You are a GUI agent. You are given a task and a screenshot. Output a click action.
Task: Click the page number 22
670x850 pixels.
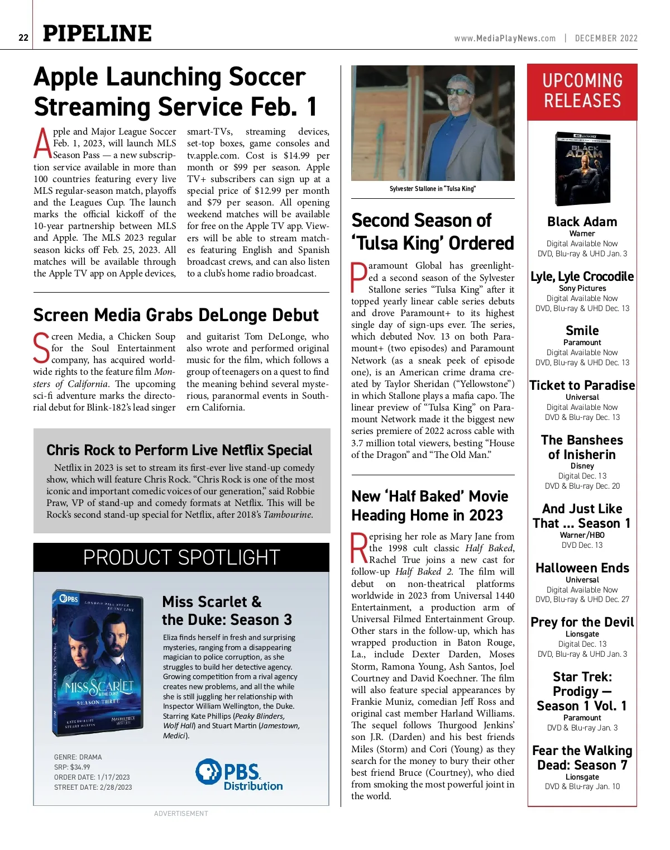pyautogui.click(x=23, y=37)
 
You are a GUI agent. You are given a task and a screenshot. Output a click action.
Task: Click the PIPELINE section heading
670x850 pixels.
pyautogui.click(x=97, y=34)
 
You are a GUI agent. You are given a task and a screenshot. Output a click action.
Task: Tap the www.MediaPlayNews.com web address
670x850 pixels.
pyautogui.click(x=505, y=39)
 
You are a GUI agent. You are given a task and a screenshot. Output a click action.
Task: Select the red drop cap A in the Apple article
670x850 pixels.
pyautogui.click(x=43, y=144)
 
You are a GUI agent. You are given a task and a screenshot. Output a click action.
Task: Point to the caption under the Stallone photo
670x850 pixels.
pyautogui.click(x=433, y=189)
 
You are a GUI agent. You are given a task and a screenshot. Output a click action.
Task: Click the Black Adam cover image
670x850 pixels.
pyautogui.click(x=582, y=169)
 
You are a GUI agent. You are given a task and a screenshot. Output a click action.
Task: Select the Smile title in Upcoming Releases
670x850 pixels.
pyautogui.click(x=582, y=331)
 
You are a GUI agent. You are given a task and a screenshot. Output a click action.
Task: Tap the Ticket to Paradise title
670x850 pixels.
pyautogui.click(x=582, y=385)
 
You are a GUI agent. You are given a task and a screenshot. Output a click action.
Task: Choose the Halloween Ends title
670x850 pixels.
pyautogui.click(x=582, y=568)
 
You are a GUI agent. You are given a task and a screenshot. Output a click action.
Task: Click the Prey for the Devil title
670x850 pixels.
pyautogui.click(x=582, y=622)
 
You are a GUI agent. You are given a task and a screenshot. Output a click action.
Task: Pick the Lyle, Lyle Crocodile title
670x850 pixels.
pyautogui.click(x=582, y=276)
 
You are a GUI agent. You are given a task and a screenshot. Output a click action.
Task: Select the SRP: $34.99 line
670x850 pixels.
pyautogui.click(x=72, y=767)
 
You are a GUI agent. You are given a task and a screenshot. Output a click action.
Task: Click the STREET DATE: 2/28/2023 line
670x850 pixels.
pyautogui.click(x=93, y=787)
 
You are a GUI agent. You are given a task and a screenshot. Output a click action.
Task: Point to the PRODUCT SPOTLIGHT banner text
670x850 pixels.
pyautogui.click(x=181, y=557)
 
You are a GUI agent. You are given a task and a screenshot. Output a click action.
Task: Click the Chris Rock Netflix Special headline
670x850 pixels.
pyautogui.click(x=179, y=450)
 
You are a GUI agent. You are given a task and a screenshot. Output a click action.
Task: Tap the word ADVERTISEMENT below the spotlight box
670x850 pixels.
pyautogui.click(x=181, y=814)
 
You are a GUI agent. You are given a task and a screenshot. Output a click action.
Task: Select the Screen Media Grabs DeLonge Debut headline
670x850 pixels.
pyautogui.click(x=176, y=315)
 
